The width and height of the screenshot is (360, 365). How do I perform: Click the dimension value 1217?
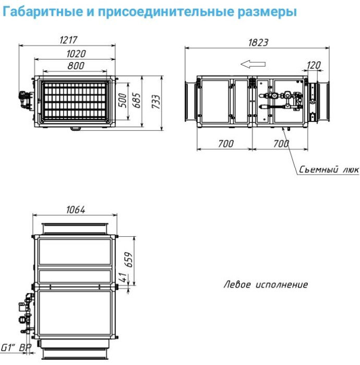click(x=68, y=40)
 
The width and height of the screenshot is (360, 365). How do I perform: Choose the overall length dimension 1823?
click(x=258, y=42)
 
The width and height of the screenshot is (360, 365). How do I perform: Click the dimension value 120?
click(x=314, y=65)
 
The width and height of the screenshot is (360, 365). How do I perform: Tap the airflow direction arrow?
click(x=253, y=64)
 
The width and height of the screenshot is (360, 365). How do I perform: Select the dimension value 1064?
click(x=76, y=210)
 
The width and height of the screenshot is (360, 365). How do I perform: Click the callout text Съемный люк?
click(x=329, y=170)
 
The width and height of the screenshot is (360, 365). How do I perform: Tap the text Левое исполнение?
click(x=266, y=285)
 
